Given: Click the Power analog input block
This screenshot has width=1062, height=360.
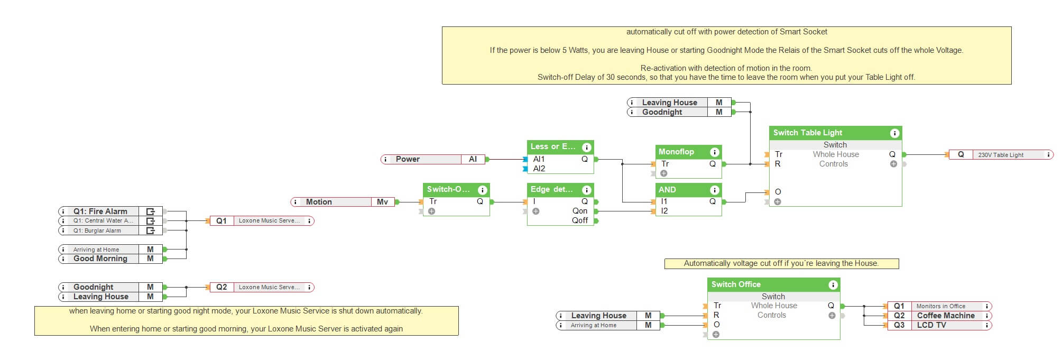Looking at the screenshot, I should click(432, 159).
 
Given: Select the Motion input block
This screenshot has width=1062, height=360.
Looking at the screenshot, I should click(343, 202).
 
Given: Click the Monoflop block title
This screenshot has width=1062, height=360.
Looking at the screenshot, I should click(677, 152).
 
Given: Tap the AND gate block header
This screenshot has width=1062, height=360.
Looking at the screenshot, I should click(668, 190).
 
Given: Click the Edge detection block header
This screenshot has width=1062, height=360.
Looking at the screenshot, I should click(551, 189).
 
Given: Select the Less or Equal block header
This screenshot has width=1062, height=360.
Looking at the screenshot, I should click(552, 146).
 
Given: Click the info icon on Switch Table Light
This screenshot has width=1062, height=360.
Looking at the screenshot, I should click(894, 133).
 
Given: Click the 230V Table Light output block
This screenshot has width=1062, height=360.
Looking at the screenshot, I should click(1001, 155).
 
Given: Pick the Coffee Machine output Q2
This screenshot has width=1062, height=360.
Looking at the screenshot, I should click(938, 316).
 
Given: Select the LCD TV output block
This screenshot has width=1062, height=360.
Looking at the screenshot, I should click(938, 325).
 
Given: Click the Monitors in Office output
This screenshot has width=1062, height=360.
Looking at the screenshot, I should click(938, 306).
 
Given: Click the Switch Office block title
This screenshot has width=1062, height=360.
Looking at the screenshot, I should click(736, 284).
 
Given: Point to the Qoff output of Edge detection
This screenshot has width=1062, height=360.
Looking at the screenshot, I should click(580, 220).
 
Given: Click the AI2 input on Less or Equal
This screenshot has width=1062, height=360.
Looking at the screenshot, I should click(539, 169).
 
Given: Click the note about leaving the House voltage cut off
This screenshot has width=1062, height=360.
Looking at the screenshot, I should click(781, 263).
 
